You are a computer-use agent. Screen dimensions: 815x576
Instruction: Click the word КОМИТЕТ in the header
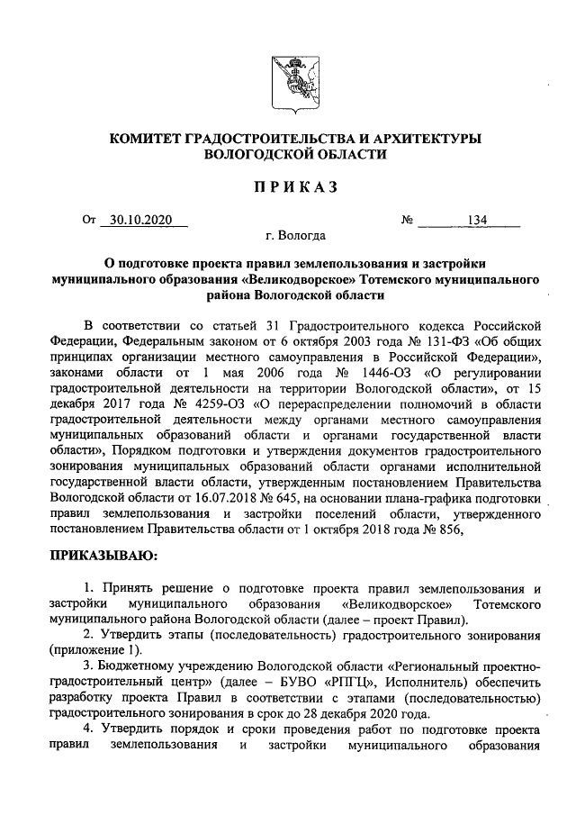tap(145, 139)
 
